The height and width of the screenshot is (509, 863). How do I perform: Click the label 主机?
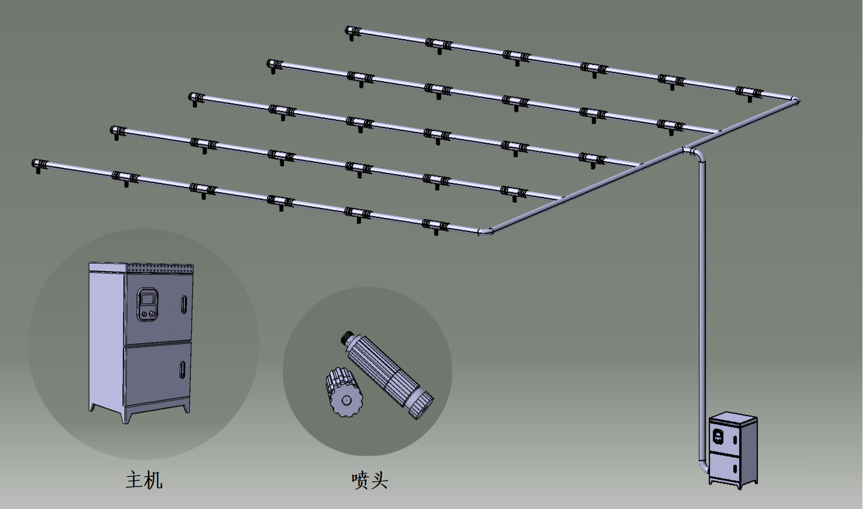click(x=144, y=480)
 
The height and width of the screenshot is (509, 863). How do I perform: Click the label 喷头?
click(x=370, y=480)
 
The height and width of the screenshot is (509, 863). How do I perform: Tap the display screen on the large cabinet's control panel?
click(x=147, y=298)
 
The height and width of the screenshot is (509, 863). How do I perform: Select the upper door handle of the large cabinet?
click(x=184, y=304)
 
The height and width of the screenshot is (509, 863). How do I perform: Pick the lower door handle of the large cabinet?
click(x=182, y=369)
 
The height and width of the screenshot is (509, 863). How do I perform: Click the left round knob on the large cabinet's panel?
click(x=144, y=314)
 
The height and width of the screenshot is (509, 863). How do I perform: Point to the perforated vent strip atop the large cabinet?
click(x=160, y=268)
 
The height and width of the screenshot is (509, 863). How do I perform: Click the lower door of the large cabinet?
click(x=158, y=374)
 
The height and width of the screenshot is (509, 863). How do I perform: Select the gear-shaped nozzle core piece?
click(x=344, y=392)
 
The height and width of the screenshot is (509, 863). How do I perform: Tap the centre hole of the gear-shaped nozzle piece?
click(x=346, y=400)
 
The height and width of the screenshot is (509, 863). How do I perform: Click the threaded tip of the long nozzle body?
click(x=348, y=337)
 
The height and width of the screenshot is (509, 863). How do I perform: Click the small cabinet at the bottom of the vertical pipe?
click(x=733, y=450)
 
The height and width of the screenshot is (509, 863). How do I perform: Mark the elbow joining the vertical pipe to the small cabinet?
click(x=704, y=466)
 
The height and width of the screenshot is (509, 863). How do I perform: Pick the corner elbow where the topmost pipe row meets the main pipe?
click(x=794, y=101)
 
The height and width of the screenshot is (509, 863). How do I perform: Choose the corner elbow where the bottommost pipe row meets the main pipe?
click(x=486, y=231)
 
